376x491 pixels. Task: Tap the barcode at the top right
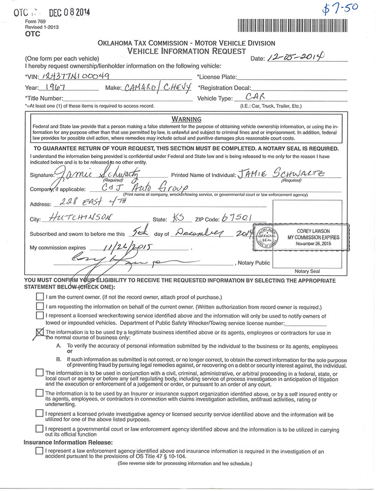click(x=292, y=26)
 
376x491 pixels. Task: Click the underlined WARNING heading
click(x=186, y=119)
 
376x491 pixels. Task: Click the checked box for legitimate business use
click(x=40, y=333)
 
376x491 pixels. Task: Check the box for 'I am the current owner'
click(x=40, y=296)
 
